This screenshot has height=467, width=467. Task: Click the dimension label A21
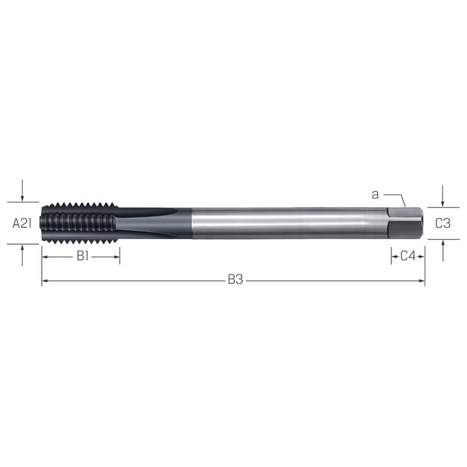[x=23, y=223]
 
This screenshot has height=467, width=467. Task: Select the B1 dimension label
[x=82, y=256]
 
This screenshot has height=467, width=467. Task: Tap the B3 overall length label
[x=235, y=280]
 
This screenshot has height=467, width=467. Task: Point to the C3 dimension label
[x=443, y=223]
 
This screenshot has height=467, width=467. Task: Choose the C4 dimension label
[x=408, y=256]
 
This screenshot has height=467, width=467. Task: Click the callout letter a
[x=375, y=193]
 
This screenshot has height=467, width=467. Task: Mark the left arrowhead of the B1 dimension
[x=45, y=256]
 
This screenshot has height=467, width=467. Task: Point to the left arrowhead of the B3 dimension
[x=45, y=281]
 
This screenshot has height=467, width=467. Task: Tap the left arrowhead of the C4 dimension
[x=393, y=256]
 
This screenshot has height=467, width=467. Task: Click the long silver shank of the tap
[x=283, y=223]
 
